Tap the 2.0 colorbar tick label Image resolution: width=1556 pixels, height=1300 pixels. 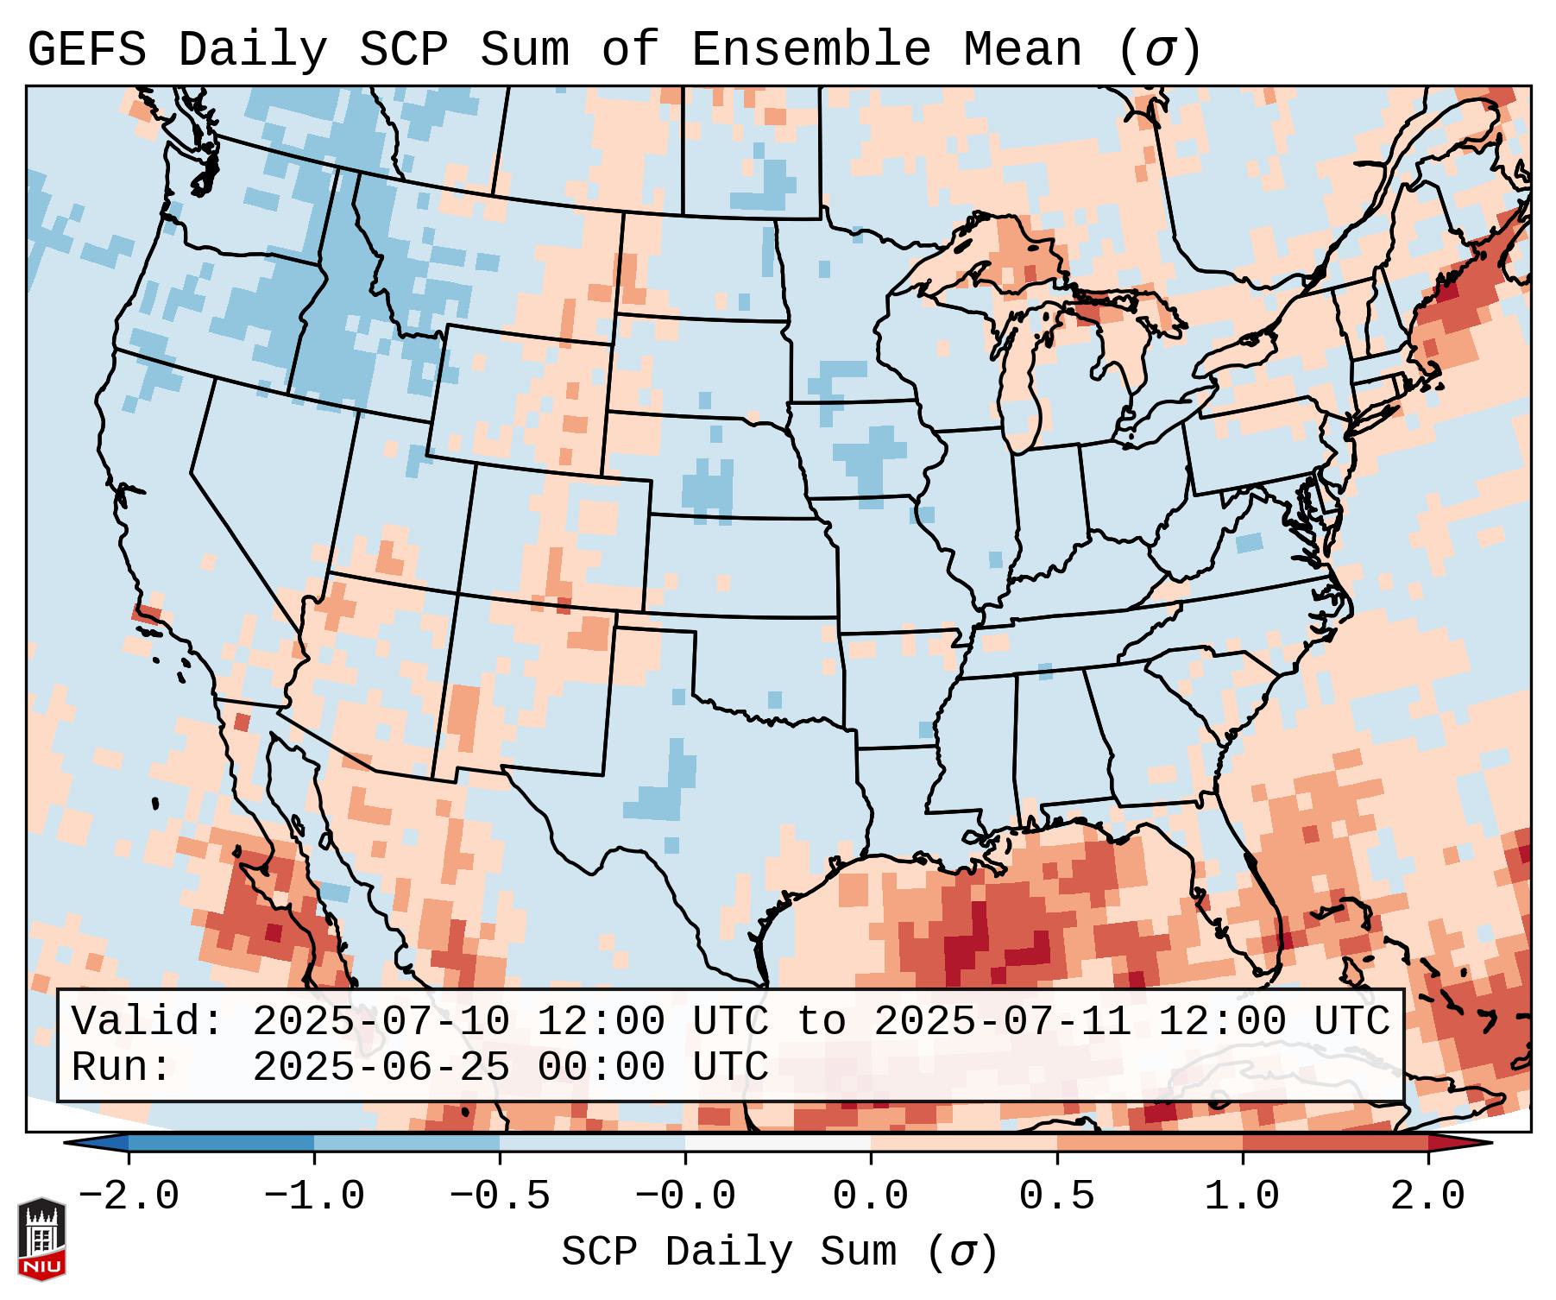(1427, 1196)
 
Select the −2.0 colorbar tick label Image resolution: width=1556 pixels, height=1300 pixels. (129, 1196)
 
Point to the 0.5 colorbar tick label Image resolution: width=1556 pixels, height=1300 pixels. (1056, 1196)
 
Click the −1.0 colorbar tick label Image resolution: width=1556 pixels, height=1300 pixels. (314, 1196)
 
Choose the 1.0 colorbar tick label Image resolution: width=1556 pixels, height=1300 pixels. (1242, 1196)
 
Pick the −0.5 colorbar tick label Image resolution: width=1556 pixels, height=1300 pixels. (500, 1196)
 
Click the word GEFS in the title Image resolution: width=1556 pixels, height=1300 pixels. (86, 50)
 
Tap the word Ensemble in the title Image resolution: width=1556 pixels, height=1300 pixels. (810, 50)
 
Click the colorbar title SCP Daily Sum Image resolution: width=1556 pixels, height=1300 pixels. (730, 1252)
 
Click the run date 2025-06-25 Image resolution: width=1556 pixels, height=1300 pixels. (381, 1067)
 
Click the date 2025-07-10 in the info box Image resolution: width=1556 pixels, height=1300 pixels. (381, 1021)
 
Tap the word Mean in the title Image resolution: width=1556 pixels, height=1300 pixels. (1022, 50)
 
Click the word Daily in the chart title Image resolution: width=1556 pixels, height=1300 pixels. (252, 50)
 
